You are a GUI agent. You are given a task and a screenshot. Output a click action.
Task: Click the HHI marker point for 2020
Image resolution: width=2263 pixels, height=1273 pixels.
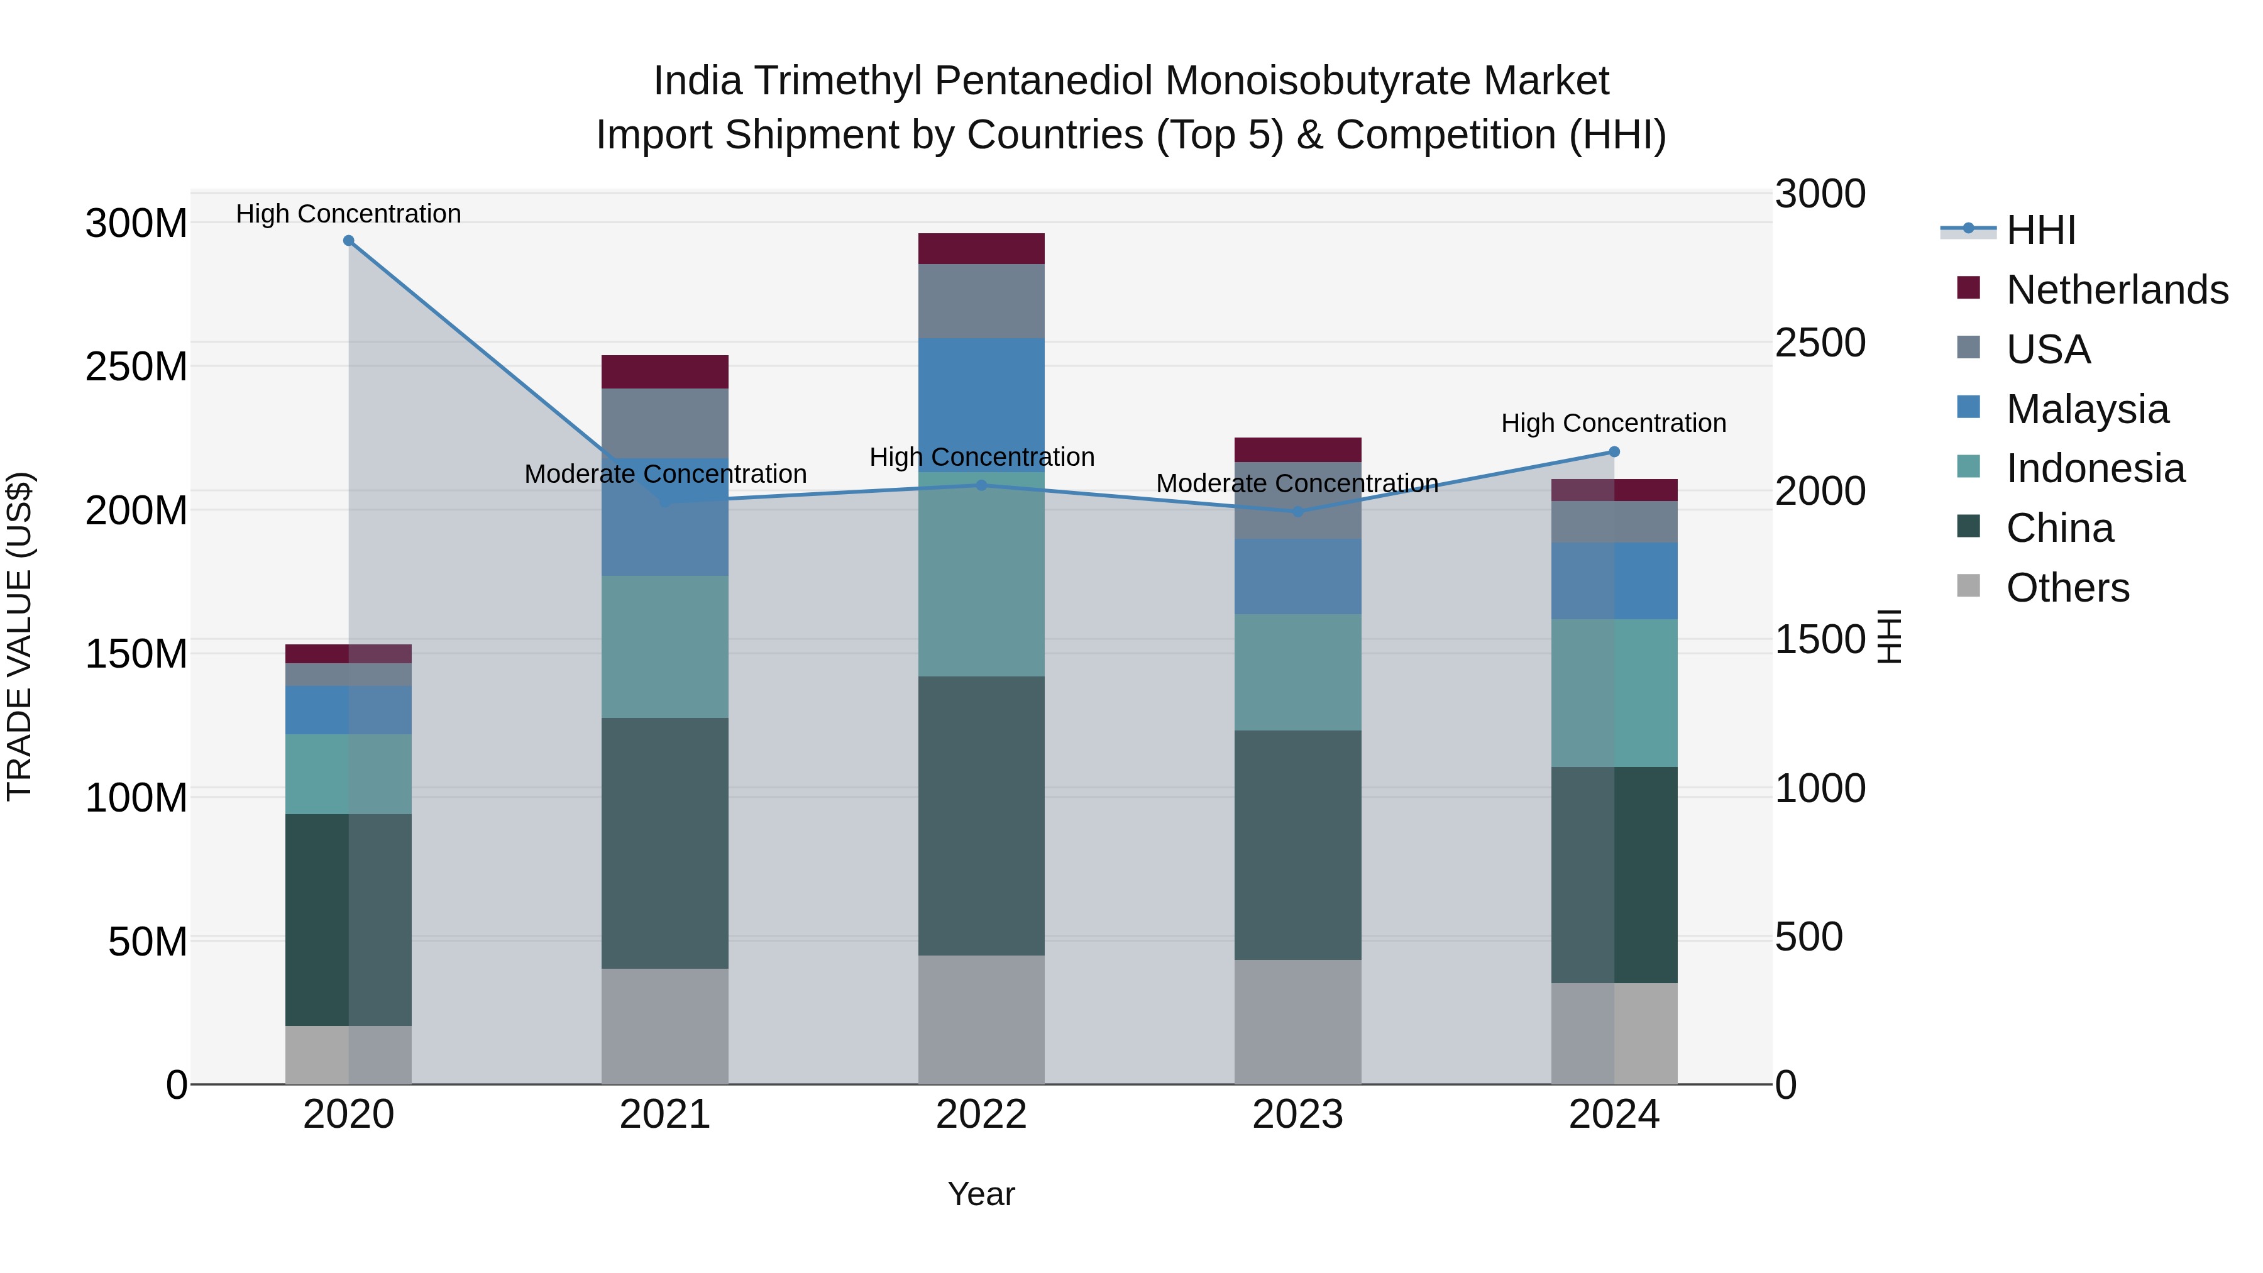click(349, 241)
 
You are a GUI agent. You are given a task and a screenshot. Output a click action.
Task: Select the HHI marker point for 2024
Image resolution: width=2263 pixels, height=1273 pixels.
click(1614, 451)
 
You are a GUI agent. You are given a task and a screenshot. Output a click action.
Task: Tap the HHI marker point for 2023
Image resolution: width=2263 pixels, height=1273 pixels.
click(1297, 511)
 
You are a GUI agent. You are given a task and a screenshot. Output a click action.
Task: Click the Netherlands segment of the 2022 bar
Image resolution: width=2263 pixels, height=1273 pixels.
click(981, 248)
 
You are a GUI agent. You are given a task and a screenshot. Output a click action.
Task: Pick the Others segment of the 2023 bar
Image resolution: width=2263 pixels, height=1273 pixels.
click(1297, 1021)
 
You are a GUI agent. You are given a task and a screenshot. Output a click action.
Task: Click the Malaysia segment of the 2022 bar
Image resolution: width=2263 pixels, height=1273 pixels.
click(981, 395)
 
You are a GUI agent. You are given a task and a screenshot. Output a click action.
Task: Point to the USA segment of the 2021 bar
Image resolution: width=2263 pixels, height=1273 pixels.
click(665, 422)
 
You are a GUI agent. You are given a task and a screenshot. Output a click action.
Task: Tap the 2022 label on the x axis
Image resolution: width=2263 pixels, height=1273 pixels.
click(981, 1115)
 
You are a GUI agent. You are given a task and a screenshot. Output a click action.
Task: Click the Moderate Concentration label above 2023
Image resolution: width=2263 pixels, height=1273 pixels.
click(1297, 483)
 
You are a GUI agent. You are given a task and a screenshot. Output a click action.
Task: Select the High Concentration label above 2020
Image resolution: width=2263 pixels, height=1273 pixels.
click(349, 214)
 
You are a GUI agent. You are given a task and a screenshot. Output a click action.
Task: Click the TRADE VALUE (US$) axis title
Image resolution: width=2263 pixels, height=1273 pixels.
click(19, 636)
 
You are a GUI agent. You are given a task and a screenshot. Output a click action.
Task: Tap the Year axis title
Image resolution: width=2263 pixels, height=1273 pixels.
click(981, 1194)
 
